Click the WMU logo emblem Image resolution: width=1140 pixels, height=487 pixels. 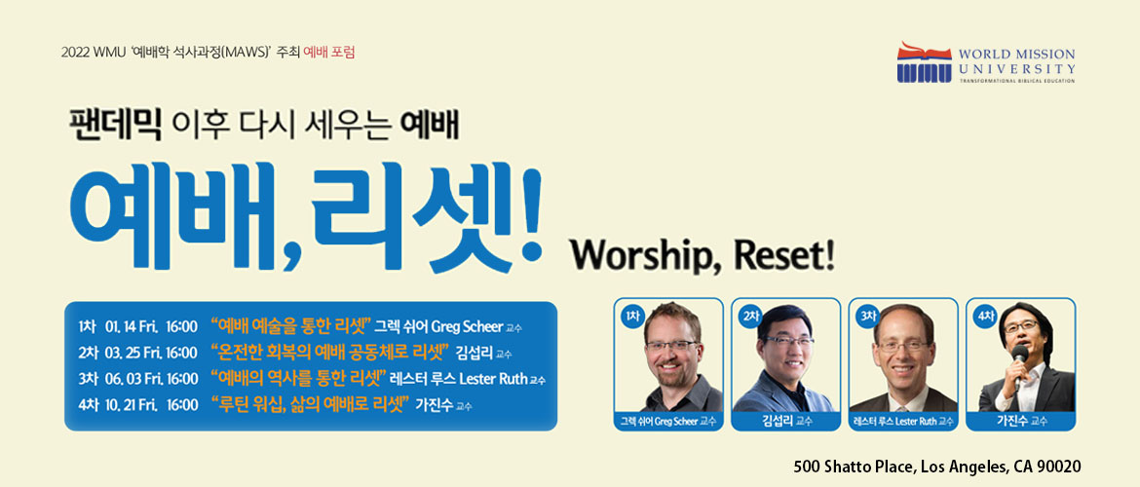(924, 61)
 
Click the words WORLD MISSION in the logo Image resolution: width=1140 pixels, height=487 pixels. (1016, 55)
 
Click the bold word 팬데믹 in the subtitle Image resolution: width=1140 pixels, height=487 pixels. (115, 125)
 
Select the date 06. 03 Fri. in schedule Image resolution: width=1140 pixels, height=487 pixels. (132, 379)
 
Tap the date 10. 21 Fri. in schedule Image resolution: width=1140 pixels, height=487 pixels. (132, 405)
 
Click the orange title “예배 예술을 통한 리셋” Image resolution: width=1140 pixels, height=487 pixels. (290, 323)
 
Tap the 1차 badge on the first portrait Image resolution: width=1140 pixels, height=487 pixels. (631, 317)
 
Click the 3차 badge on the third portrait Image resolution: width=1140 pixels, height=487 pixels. (867, 317)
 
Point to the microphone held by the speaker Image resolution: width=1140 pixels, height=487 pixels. (1019, 356)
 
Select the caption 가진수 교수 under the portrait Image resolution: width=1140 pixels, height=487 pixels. (1021, 421)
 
